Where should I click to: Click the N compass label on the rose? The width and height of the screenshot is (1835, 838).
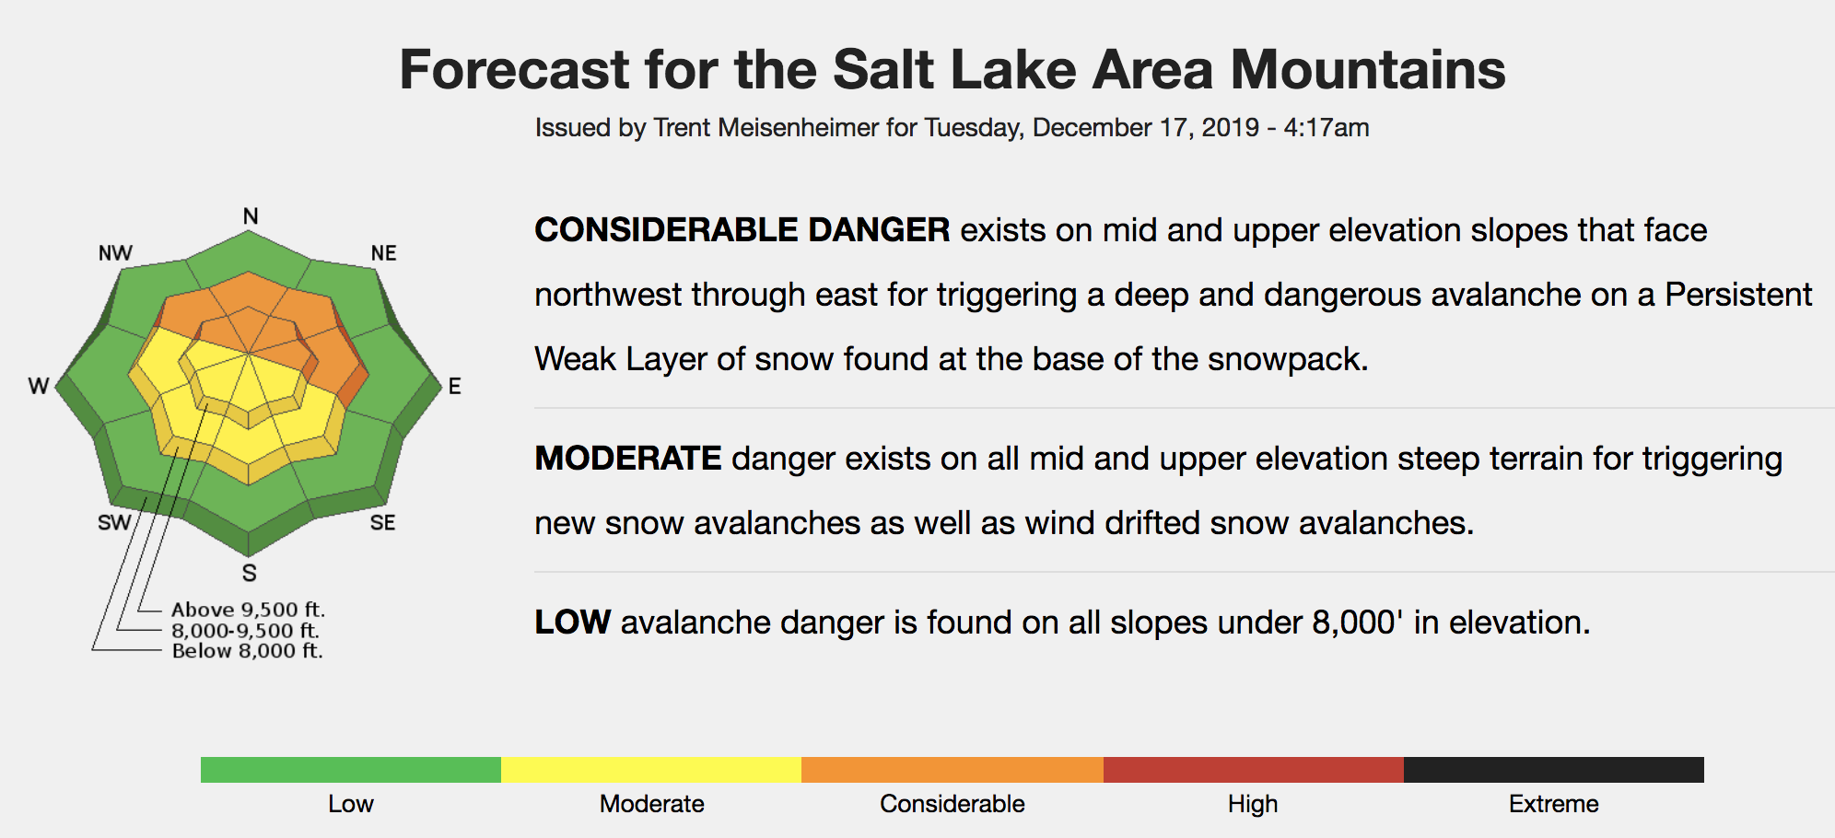251,216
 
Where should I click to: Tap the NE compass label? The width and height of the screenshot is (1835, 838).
383,253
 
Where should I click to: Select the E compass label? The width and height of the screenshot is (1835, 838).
455,387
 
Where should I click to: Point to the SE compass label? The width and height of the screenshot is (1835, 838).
382,523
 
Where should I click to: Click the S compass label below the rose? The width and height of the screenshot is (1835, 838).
250,573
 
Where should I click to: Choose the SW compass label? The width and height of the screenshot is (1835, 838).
114,523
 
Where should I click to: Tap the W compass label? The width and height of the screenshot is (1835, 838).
39,386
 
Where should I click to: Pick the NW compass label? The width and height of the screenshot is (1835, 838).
116,253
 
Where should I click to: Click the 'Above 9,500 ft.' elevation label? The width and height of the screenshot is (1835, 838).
249,610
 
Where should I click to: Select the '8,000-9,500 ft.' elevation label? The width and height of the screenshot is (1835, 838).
246,631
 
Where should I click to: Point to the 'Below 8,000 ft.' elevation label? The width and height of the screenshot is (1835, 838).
248,651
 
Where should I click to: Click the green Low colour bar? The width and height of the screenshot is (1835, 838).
351,770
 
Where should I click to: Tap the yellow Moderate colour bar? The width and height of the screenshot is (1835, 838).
651,770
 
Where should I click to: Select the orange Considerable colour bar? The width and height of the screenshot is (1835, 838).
953,770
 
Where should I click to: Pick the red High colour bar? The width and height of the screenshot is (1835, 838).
1254,770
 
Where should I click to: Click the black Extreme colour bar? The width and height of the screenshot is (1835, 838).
1554,770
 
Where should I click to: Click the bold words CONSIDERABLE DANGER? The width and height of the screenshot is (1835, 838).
742,230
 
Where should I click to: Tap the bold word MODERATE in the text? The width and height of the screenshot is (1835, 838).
628,459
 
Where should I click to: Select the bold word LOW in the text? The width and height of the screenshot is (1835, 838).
572,623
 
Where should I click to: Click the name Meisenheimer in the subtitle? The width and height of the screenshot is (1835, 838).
798,127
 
